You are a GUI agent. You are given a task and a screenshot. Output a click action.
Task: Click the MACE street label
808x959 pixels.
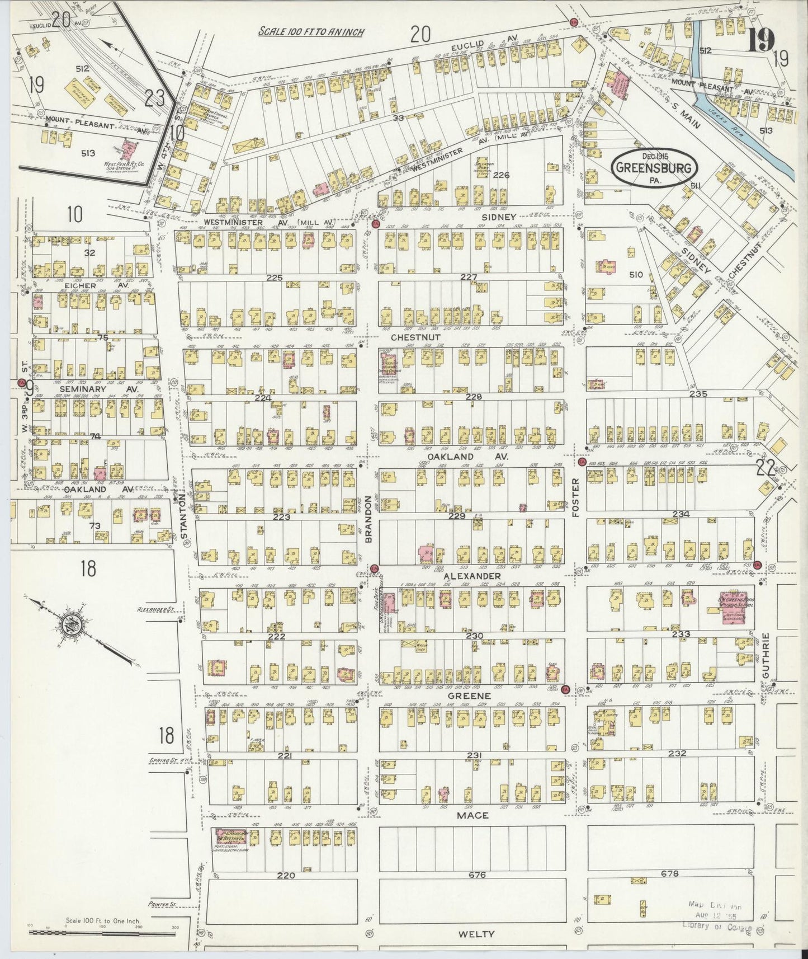[472, 815]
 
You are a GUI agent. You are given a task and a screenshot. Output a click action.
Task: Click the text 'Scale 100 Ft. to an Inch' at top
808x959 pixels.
[311, 32]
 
